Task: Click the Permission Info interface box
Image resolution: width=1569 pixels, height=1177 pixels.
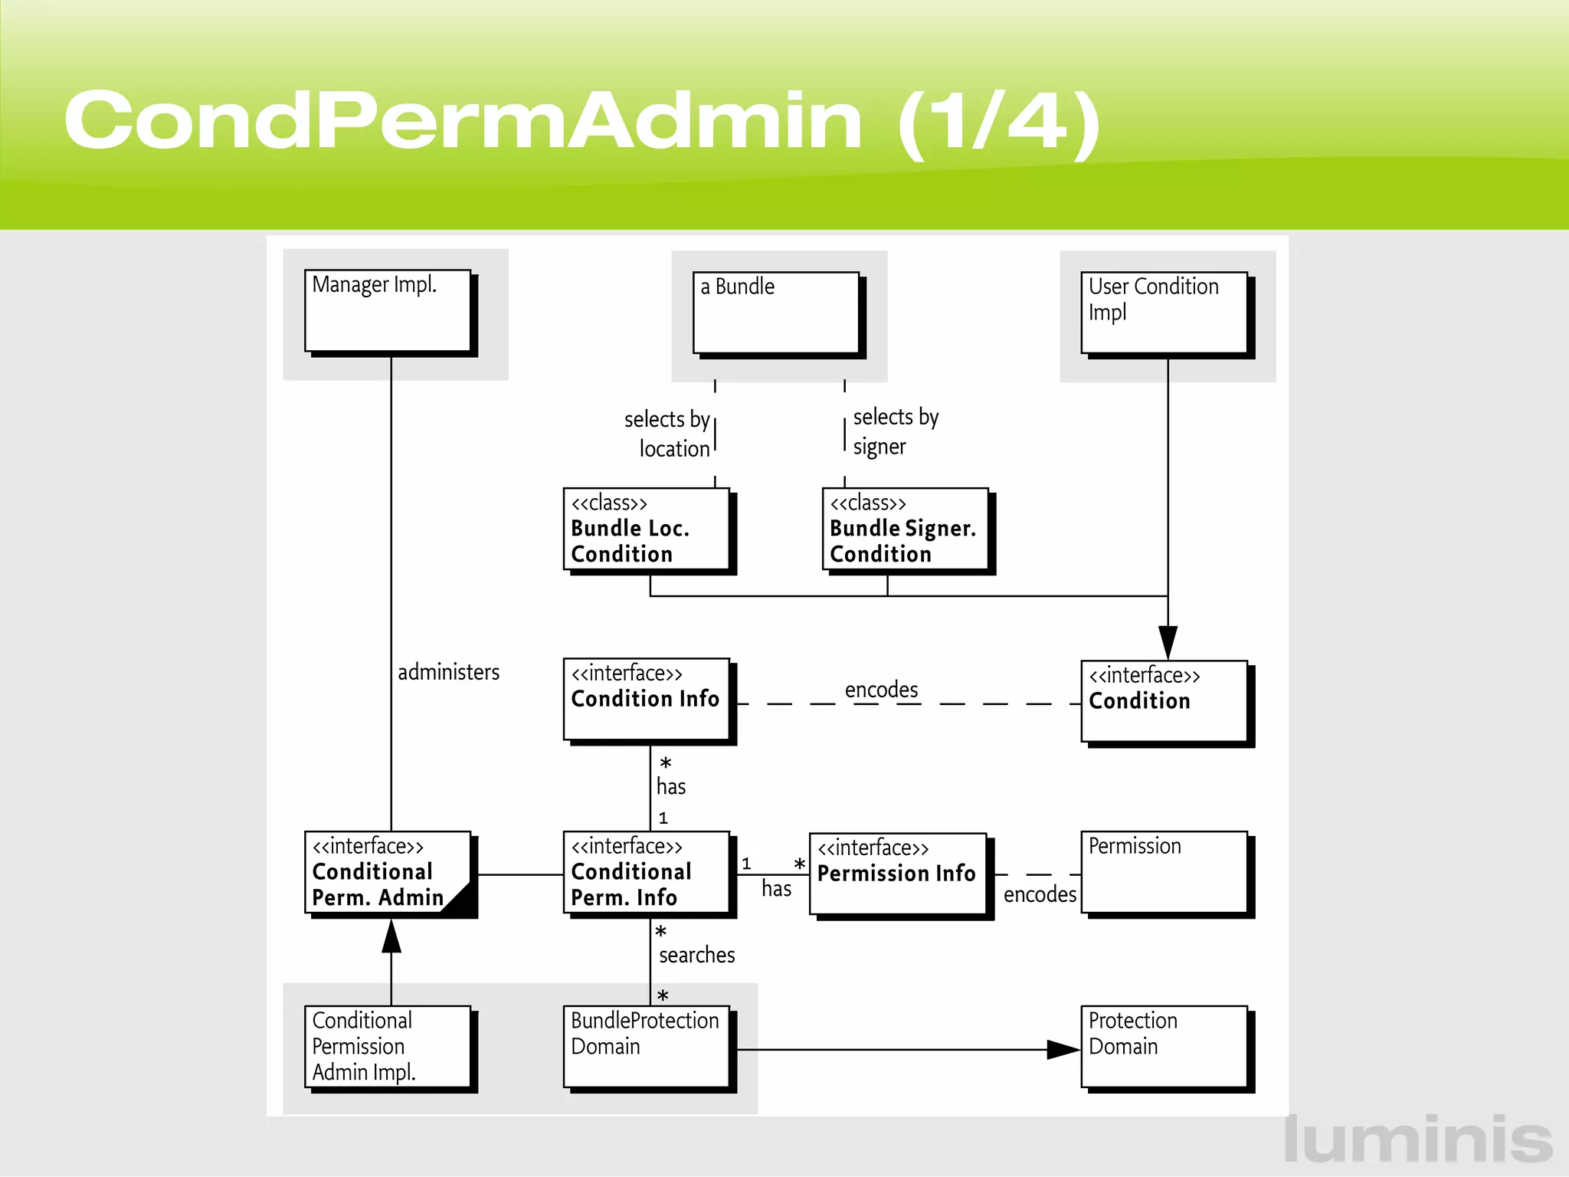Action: click(897, 874)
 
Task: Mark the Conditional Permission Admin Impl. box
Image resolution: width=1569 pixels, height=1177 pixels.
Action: click(388, 1046)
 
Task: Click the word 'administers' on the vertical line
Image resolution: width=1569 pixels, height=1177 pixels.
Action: click(448, 672)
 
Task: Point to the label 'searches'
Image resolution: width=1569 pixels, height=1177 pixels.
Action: click(696, 955)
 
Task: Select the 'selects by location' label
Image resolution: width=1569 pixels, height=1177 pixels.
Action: click(668, 434)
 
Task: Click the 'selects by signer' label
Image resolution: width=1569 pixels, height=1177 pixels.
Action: click(894, 431)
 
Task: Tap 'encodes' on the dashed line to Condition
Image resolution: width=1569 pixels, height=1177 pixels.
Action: click(881, 690)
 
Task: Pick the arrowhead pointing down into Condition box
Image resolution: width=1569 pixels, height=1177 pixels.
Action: click(1168, 642)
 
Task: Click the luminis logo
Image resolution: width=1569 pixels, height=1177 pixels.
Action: click(1418, 1139)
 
